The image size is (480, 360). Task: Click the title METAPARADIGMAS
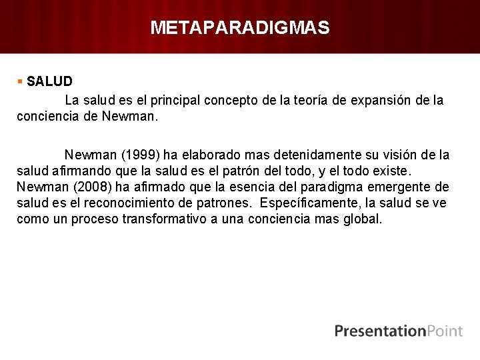pyautogui.click(x=240, y=27)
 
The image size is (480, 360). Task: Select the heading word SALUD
pyautogui.click(x=50, y=81)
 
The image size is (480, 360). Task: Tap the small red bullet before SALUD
pyautogui.click(x=21, y=81)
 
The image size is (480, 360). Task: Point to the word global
pyautogui.click(x=363, y=219)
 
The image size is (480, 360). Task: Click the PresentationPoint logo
pyautogui.click(x=398, y=331)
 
